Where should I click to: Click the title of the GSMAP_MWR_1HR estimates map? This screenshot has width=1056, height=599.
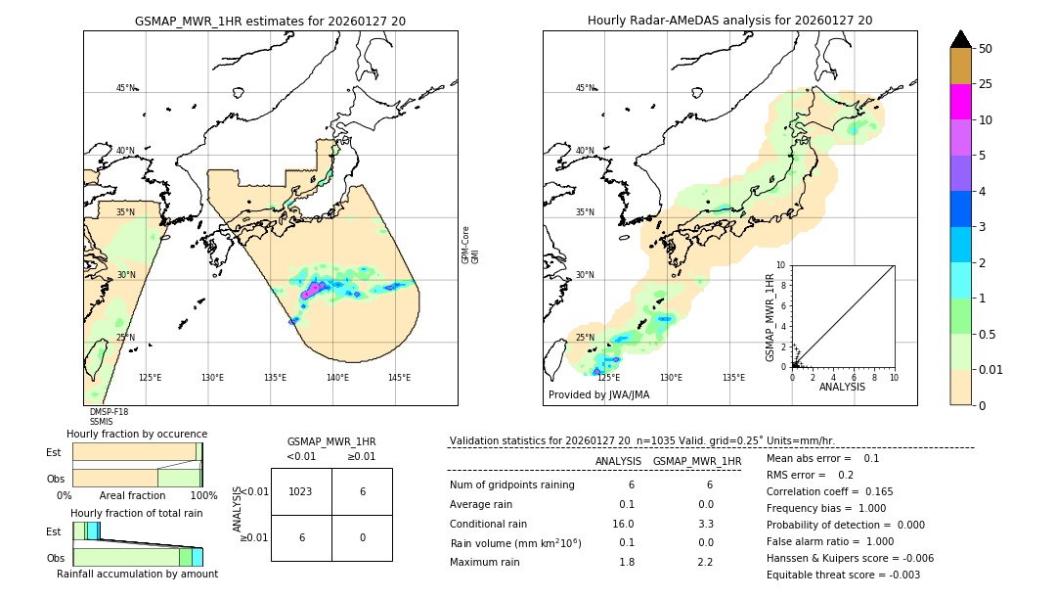270,21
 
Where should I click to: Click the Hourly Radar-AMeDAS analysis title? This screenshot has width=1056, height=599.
729,21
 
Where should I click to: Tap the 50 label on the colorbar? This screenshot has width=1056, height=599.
986,49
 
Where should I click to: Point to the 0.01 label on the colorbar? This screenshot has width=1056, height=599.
991,369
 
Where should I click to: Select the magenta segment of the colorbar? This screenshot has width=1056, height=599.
960,102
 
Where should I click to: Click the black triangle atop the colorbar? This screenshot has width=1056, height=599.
960,39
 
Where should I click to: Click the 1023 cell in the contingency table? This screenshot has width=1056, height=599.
301,491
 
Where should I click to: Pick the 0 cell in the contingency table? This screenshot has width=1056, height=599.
362,537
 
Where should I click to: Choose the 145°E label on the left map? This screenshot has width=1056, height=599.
399,378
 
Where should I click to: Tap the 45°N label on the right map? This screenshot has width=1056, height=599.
585,88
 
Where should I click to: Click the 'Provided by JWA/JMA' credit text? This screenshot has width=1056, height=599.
598,395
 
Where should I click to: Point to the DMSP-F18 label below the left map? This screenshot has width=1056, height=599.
109,412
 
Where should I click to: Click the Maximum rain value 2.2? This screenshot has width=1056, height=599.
704,562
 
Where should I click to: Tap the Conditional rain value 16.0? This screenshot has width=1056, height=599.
623,524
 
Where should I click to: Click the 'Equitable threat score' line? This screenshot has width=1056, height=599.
843,575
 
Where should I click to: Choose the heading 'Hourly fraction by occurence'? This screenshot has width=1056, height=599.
137,434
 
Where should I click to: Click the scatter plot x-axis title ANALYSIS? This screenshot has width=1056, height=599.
843,387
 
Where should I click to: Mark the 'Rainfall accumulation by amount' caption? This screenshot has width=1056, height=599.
137,574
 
